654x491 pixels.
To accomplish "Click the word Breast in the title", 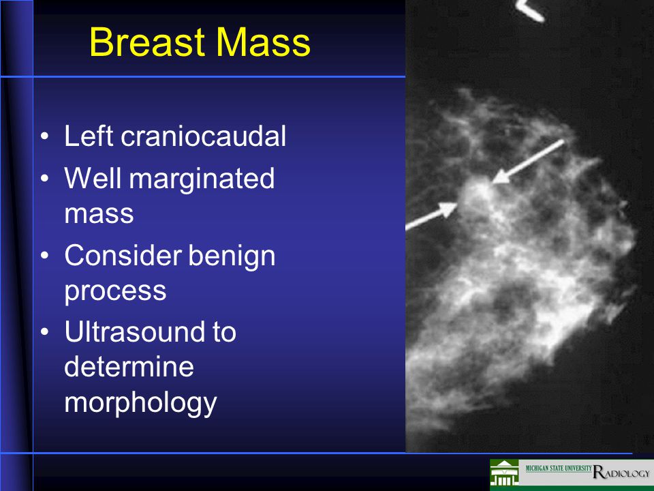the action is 148,42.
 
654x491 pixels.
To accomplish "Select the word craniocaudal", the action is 204,136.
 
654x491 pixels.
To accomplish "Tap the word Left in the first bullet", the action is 89,136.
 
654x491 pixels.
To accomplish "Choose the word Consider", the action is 123,256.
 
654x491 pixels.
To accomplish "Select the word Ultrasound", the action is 135,332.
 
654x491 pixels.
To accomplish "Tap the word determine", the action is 129,367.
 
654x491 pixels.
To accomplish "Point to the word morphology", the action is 140,404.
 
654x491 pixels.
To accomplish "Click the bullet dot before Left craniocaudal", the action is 45,136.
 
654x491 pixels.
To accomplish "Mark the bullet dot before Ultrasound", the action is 45,332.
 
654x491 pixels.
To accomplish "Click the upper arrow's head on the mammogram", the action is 501,177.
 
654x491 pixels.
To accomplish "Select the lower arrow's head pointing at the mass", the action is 449,209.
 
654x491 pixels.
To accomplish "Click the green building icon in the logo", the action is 504,473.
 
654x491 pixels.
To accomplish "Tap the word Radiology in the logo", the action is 621,472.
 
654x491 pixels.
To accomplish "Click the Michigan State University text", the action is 559,468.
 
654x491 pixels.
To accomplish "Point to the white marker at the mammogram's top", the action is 531,10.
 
